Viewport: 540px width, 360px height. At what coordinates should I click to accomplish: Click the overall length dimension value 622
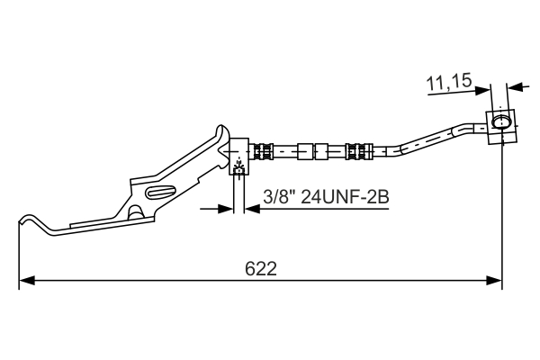point(260,268)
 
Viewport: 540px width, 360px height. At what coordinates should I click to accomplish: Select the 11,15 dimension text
point(449,83)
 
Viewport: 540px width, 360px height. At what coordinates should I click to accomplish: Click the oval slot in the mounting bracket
point(160,191)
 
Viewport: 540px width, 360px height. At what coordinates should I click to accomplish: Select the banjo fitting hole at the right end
point(500,121)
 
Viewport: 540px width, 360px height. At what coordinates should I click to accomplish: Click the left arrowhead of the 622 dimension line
point(26,281)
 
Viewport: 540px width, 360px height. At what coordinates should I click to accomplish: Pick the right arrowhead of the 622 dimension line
point(494,281)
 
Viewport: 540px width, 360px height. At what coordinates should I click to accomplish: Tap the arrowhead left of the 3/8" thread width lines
point(225,209)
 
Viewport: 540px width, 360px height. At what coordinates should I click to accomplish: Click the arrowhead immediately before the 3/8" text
point(250,209)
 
